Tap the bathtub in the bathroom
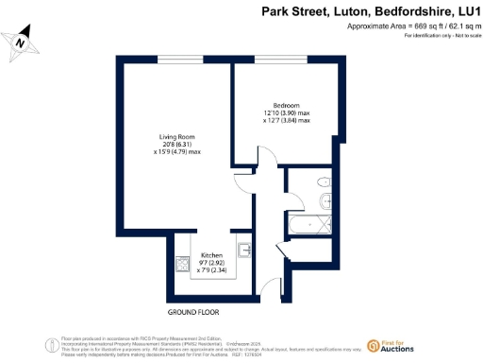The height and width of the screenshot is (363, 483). (311, 225)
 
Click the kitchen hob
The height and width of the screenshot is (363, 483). (180, 265)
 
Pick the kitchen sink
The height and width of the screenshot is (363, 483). (243, 250)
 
